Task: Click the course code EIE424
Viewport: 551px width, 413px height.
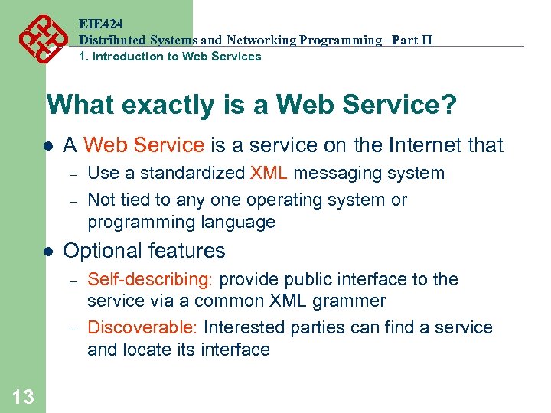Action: pyautogui.click(x=100, y=24)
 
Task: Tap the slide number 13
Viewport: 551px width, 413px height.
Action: pyautogui.click(x=23, y=395)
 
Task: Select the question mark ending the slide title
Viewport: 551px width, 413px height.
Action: pyautogui.click(x=448, y=106)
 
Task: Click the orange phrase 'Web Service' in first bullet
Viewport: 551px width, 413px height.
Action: pyautogui.click(x=144, y=145)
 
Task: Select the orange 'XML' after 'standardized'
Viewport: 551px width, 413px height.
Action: pyautogui.click(x=269, y=174)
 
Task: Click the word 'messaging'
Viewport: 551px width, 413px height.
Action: pyautogui.click(x=330, y=174)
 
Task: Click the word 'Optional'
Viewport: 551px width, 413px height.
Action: pyautogui.click(x=103, y=251)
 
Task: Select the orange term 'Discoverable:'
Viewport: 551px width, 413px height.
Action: pyautogui.click(x=143, y=327)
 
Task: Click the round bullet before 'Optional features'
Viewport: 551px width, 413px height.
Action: pyautogui.click(x=47, y=252)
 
